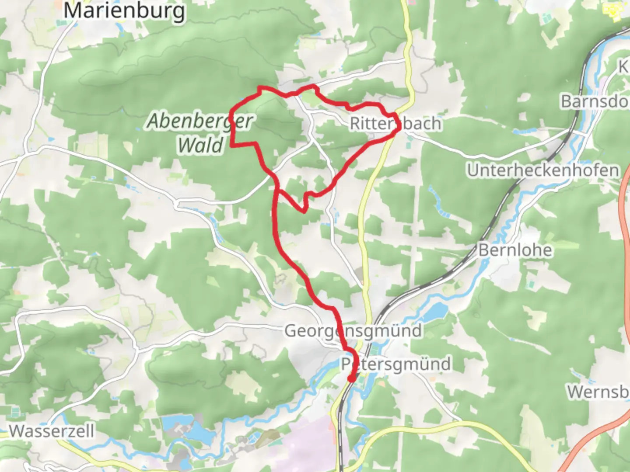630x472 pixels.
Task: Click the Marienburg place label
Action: click(x=124, y=10)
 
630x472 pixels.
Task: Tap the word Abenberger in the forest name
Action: click(x=200, y=121)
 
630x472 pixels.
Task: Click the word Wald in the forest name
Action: click(x=201, y=145)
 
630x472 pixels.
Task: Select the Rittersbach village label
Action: click(x=395, y=124)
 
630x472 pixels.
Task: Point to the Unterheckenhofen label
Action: click(x=543, y=170)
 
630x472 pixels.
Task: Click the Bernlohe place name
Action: click(x=515, y=250)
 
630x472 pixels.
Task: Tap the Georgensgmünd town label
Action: click(x=353, y=331)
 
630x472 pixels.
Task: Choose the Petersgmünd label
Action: click(x=396, y=364)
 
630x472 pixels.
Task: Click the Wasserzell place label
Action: click(x=52, y=431)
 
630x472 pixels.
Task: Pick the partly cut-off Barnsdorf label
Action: click(x=595, y=101)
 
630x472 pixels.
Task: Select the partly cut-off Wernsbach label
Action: click(x=598, y=392)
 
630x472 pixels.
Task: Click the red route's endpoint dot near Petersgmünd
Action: click(x=351, y=378)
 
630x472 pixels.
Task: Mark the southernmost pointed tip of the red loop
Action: click(x=304, y=212)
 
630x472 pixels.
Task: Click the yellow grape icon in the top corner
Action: click(x=612, y=10)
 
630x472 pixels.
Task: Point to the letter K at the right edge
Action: click(x=623, y=67)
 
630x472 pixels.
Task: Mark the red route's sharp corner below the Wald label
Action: click(x=231, y=145)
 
